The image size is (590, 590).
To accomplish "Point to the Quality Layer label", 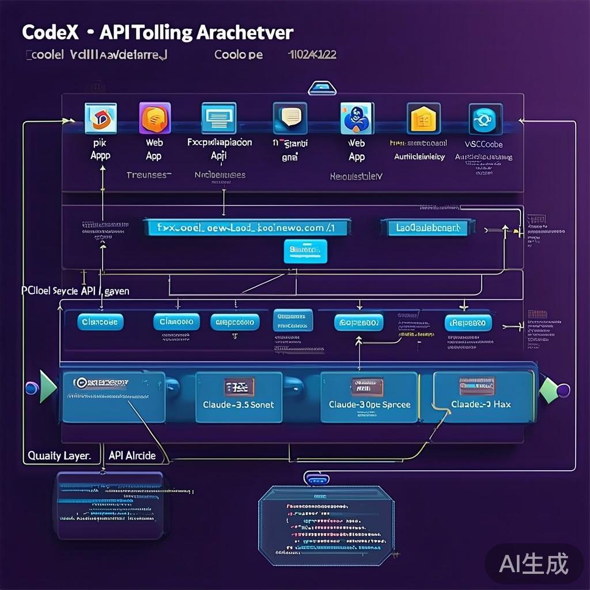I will [59, 455].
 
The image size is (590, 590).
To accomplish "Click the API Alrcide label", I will [132, 455].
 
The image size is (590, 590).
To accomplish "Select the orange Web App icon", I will [155, 118].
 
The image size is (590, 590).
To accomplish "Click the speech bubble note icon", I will [290, 118].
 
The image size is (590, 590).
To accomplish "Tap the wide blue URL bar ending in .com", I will [247, 228].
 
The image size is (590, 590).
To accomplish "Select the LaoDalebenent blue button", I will [428, 228].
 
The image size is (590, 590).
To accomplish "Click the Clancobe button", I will [100, 322].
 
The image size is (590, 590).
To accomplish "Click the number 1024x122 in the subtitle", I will [312, 55].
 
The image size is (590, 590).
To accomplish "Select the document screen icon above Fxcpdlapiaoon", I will [218, 118].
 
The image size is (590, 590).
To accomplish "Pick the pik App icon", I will [100, 119].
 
